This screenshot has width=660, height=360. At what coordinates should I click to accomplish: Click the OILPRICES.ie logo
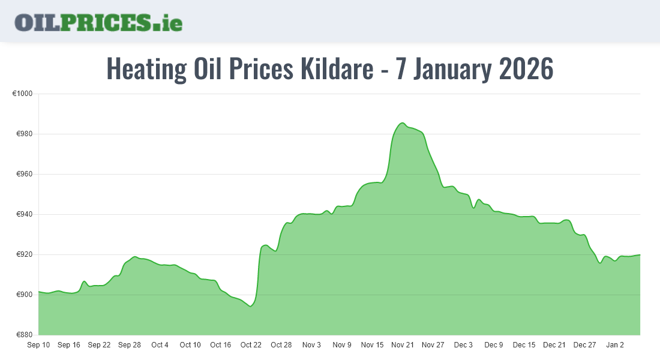coord(98,22)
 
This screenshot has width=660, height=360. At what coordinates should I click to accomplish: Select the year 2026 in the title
coord(526,69)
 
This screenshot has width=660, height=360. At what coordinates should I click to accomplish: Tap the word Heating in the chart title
coord(146,69)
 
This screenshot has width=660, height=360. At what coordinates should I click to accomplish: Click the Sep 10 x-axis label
coord(38,345)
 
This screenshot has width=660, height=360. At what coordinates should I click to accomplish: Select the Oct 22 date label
coord(251,345)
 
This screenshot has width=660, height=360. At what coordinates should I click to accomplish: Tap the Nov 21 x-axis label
coord(403,345)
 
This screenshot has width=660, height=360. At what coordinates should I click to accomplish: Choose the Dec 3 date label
coord(463,345)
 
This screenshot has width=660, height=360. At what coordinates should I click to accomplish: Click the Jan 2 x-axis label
coord(615,345)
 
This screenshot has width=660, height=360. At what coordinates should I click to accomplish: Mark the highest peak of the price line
coord(402,123)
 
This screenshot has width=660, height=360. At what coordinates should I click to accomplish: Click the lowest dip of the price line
coord(250,306)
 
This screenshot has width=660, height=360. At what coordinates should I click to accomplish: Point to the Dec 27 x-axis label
coord(584,345)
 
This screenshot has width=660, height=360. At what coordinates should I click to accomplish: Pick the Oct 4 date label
coord(160,345)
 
